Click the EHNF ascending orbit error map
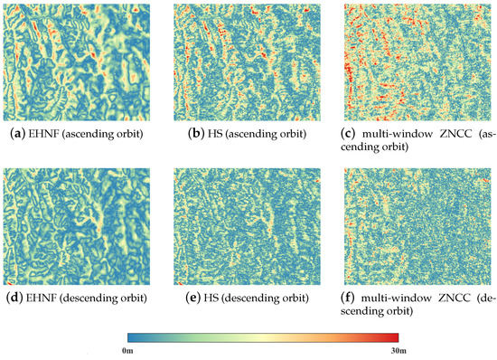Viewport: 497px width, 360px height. (77, 62)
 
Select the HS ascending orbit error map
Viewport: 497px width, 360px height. (248, 62)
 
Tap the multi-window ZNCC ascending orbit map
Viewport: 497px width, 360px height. (419, 62)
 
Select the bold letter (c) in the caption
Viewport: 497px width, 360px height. (353, 135)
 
